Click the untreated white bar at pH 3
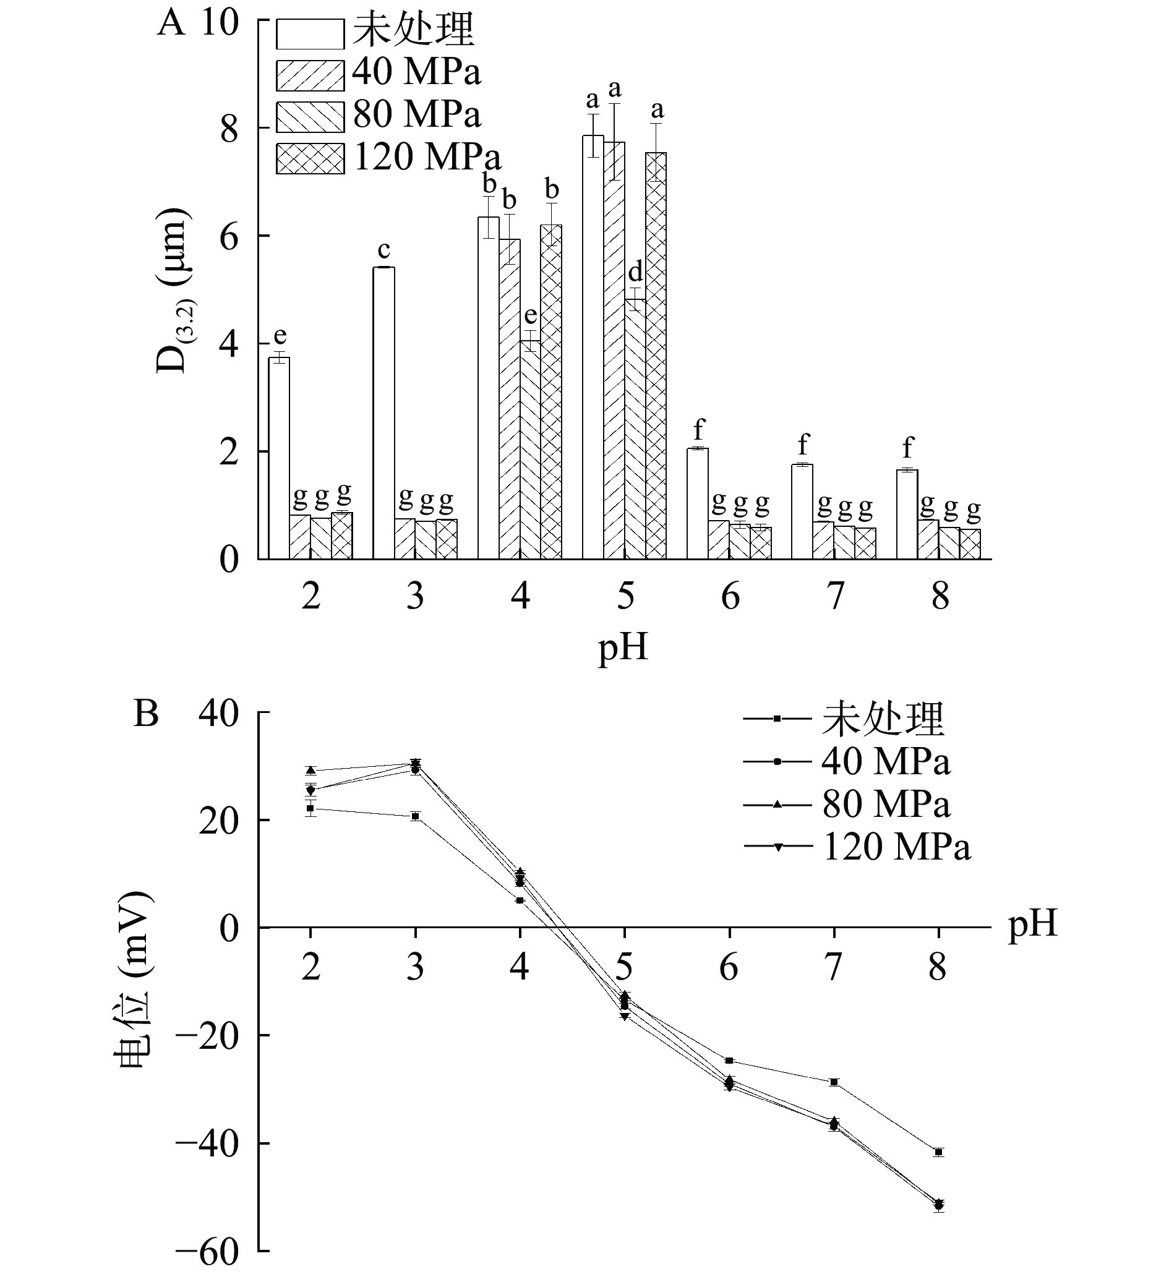point(383,413)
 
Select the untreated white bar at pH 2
point(279,458)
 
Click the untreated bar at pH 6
point(698,503)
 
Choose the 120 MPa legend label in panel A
point(427,156)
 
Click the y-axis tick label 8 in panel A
point(229,129)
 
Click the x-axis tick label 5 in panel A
point(625,596)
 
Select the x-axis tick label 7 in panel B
point(834,967)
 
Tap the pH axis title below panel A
point(623,648)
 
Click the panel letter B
point(147,714)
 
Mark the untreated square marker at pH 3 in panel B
point(415,816)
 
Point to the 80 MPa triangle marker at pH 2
point(310,771)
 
